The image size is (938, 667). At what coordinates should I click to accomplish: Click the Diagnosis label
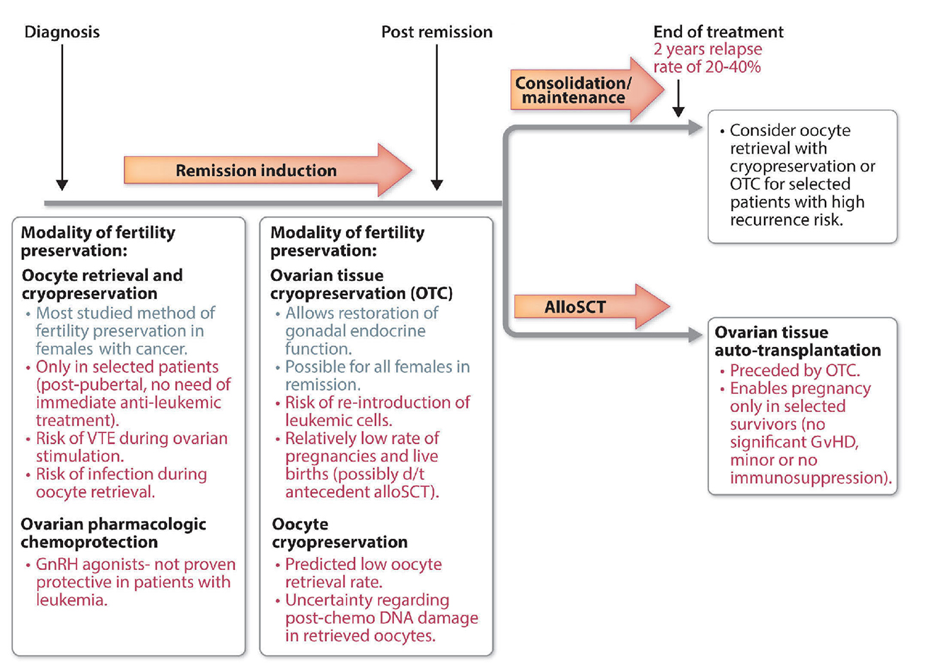tap(62, 32)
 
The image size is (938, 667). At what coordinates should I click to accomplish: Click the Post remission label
tap(436, 32)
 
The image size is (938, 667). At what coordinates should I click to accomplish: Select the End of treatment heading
tap(718, 32)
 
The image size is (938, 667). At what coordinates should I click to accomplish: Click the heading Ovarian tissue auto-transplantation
tap(797, 341)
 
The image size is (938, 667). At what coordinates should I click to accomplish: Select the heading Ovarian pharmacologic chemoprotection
tap(113, 532)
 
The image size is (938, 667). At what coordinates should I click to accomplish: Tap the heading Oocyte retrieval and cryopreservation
tap(102, 284)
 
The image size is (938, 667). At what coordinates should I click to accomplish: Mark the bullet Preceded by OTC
tap(794, 370)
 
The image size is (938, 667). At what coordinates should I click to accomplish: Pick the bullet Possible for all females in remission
tap(376, 375)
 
